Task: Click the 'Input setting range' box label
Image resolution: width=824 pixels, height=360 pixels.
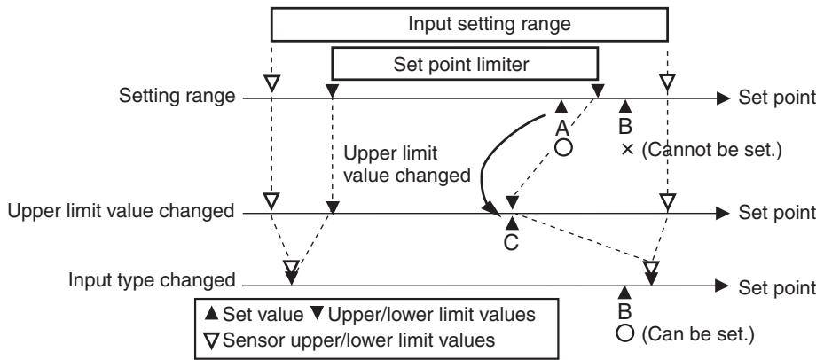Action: pyautogui.click(x=490, y=24)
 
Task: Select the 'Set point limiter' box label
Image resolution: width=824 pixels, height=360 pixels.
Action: pyautogui.click(x=461, y=64)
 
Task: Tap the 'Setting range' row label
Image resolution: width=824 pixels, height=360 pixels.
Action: pyautogui.click(x=177, y=97)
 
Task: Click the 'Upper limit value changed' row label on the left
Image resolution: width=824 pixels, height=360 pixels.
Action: pyautogui.click(x=121, y=211)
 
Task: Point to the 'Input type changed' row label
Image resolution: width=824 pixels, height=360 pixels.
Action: pyautogui.click(x=152, y=280)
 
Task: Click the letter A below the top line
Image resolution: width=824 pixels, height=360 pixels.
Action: pyautogui.click(x=561, y=128)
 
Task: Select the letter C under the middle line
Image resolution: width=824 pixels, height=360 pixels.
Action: pyautogui.click(x=511, y=242)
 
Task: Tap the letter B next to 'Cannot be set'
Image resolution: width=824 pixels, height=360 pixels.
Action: pyautogui.click(x=624, y=127)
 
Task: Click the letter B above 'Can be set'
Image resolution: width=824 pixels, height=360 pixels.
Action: pyautogui.click(x=624, y=311)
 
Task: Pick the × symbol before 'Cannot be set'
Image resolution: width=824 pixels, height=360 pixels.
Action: pyautogui.click(x=626, y=151)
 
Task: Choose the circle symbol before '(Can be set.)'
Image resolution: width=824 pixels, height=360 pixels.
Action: pyautogui.click(x=625, y=333)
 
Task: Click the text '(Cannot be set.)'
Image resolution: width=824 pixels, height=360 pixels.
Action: pyautogui.click(x=712, y=151)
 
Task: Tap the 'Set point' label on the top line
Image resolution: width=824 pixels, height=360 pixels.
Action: pyautogui.click(x=777, y=98)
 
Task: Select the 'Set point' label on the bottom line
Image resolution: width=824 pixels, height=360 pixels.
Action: pyautogui.click(x=777, y=287)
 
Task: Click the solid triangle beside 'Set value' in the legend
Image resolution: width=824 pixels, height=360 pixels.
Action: pyautogui.click(x=211, y=314)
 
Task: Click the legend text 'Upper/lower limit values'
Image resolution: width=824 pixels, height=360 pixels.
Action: pyautogui.click(x=431, y=314)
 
